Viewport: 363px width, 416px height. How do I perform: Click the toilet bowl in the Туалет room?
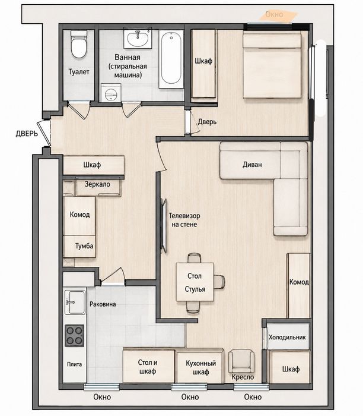point(79,45)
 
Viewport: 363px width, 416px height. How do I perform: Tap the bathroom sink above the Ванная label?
point(138,38)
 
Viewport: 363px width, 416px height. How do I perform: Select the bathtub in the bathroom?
point(171,59)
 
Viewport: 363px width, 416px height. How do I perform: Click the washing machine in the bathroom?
point(111,93)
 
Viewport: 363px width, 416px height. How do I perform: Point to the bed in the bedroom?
point(272,65)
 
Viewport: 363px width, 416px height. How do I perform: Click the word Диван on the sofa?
point(252,165)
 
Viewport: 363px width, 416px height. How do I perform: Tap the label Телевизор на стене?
point(184,220)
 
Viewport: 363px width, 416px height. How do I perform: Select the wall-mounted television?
point(164,226)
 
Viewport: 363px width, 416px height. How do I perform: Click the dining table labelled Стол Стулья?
point(195,282)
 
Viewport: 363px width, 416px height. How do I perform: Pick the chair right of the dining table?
point(219,282)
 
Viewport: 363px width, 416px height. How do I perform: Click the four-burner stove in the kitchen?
point(74,336)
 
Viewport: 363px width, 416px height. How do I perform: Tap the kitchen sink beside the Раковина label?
point(75,302)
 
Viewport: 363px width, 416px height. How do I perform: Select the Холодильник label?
point(287,337)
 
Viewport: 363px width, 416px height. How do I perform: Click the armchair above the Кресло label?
point(241,361)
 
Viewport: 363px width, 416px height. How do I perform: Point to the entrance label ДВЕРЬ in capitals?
point(27,134)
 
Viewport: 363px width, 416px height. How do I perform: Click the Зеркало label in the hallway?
point(97,184)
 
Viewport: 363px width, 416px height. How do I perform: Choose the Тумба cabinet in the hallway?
point(79,246)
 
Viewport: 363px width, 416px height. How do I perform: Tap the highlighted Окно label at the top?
point(274,14)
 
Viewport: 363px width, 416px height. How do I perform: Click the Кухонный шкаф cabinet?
point(200,367)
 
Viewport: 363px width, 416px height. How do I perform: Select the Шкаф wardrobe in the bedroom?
point(203,64)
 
